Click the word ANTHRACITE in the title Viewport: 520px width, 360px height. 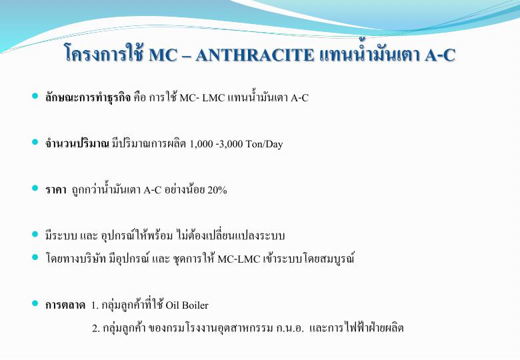[255, 55]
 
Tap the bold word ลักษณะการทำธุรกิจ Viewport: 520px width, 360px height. [88, 97]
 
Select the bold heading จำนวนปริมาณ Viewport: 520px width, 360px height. [77, 143]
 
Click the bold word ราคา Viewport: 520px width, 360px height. [56, 190]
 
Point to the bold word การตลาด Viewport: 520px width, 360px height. [65, 305]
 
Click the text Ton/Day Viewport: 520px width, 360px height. [264, 144]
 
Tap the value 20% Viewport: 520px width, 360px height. [217, 190]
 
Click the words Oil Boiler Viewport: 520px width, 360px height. [187, 305]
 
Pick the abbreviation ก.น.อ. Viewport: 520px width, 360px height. [289, 328]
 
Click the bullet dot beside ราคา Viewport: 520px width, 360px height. [35, 188]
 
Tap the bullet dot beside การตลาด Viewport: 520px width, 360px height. [35, 303]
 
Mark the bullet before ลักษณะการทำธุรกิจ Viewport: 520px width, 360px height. [35, 96]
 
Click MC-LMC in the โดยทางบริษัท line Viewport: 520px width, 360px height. [239, 259]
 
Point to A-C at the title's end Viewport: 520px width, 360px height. [440, 55]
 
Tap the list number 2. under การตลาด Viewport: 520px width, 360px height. [96, 328]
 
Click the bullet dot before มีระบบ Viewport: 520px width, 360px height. [35, 234]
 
